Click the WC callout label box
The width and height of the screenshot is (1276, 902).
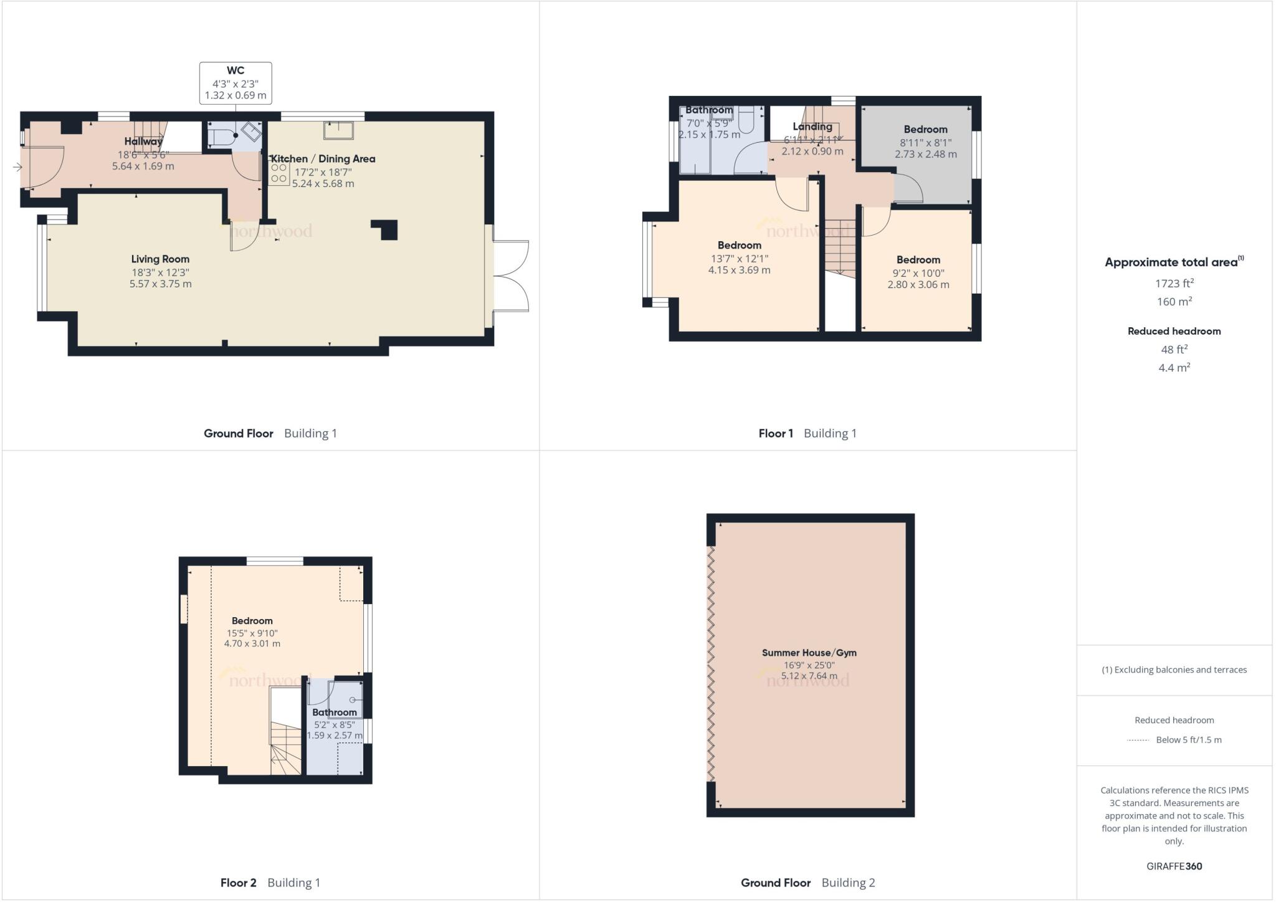click(236, 83)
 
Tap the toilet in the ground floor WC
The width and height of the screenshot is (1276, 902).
click(221, 137)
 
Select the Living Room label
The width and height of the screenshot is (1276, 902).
click(160, 259)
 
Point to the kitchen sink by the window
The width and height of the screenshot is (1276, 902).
click(338, 130)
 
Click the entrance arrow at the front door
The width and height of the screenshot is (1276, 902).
click(17, 167)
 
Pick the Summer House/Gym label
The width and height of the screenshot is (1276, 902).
click(809, 653)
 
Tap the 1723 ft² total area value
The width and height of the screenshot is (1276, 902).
click(1174, 284)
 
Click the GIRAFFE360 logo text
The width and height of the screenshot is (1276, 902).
click(1174, 866)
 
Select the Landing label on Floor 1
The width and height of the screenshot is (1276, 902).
click(812, 127)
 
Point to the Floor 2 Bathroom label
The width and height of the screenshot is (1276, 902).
click(335, 712)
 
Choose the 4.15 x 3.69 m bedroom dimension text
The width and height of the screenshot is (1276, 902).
click(739, 271)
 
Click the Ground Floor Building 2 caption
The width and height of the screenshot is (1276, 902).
click(807, 883)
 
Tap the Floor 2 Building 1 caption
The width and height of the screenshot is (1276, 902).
click(270, 883)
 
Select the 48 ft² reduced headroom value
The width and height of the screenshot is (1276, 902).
click(1174, 349)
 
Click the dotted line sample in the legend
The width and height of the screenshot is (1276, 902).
click(1138, 741)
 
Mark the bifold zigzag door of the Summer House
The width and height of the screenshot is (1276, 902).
click(711, 664)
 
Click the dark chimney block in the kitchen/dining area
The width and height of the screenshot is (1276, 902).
click(386, 229)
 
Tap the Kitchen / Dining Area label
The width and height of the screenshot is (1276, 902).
click(323, 159)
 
